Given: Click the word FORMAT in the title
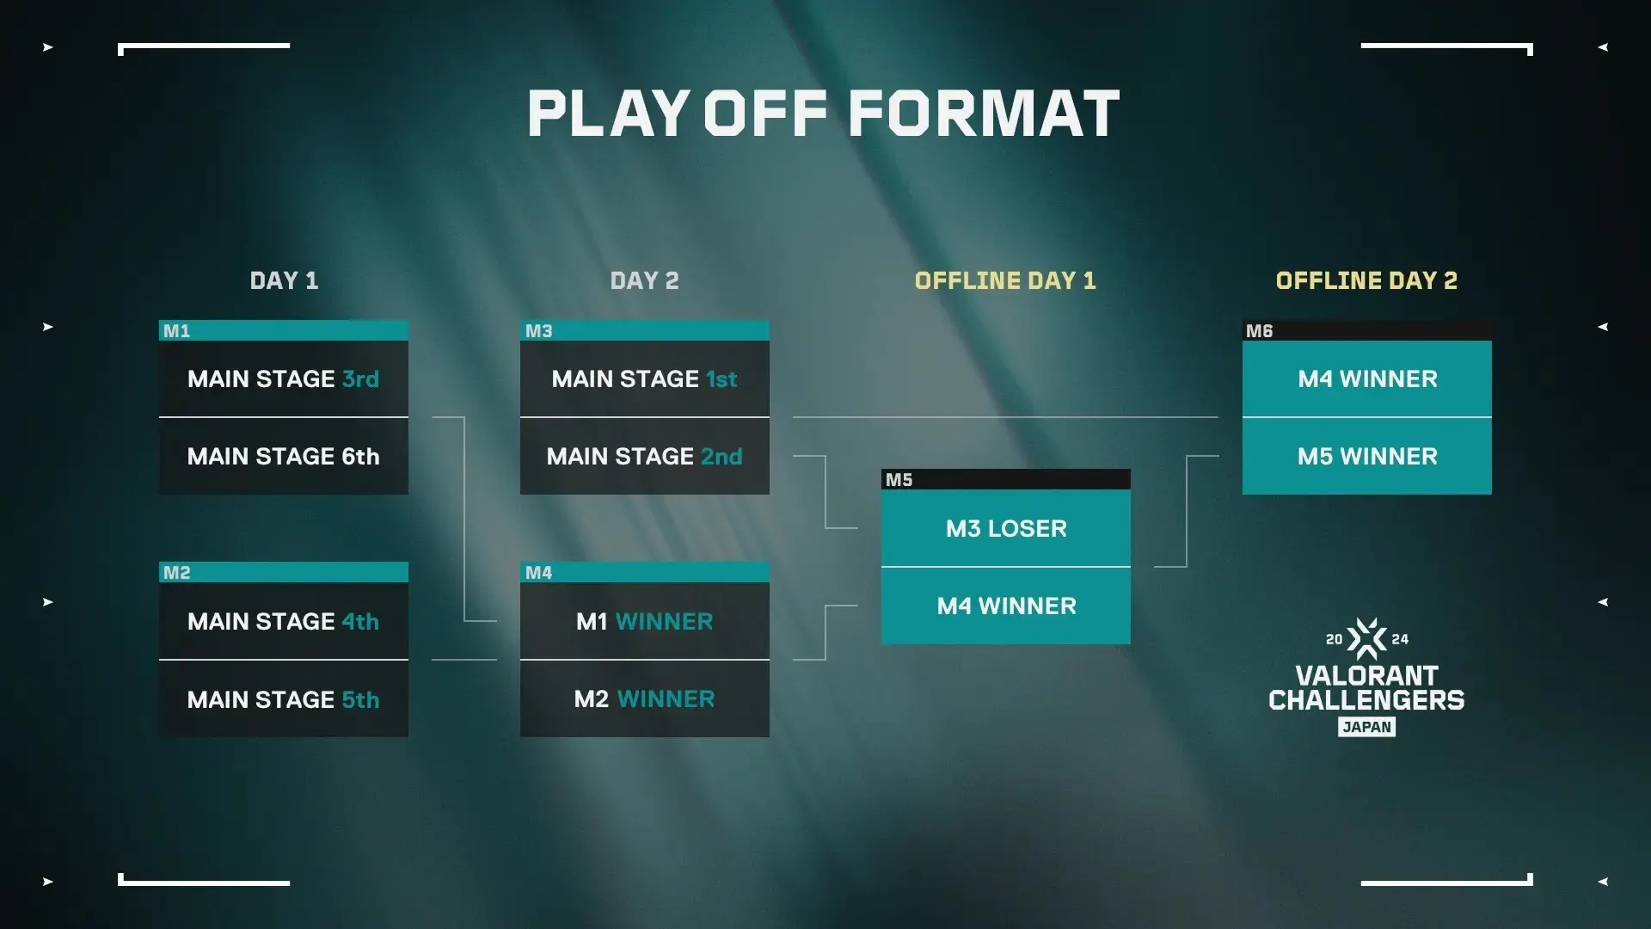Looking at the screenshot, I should point(984,114).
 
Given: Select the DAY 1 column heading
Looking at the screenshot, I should point(284,280).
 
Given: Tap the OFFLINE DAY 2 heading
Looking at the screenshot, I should point(1366,280).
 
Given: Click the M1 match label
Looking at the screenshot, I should point(177,331).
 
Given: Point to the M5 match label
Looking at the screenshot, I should point(899,480).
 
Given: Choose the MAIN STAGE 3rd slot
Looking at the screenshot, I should point(284,379).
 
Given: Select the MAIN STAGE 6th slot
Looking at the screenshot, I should point(284,457).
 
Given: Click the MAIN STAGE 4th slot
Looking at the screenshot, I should point(284,622).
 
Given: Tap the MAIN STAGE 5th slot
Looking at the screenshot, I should point(284,699).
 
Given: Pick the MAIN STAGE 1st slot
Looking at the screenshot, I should point(645,379).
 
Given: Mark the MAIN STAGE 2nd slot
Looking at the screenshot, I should point(645,457).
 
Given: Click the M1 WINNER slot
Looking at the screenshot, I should point(645,622).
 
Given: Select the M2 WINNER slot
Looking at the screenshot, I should point(645,699).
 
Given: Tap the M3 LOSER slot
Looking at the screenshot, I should point(1006,528).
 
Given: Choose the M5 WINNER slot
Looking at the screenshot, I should point(1367,457).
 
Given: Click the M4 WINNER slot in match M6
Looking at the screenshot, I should point(1367,379).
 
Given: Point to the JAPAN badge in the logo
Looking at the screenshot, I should point(1366,727).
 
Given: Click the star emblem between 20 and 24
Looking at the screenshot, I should point(1366,639).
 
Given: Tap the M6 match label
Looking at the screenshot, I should point(1260,331).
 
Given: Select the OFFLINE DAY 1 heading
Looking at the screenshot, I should point(1005,280).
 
